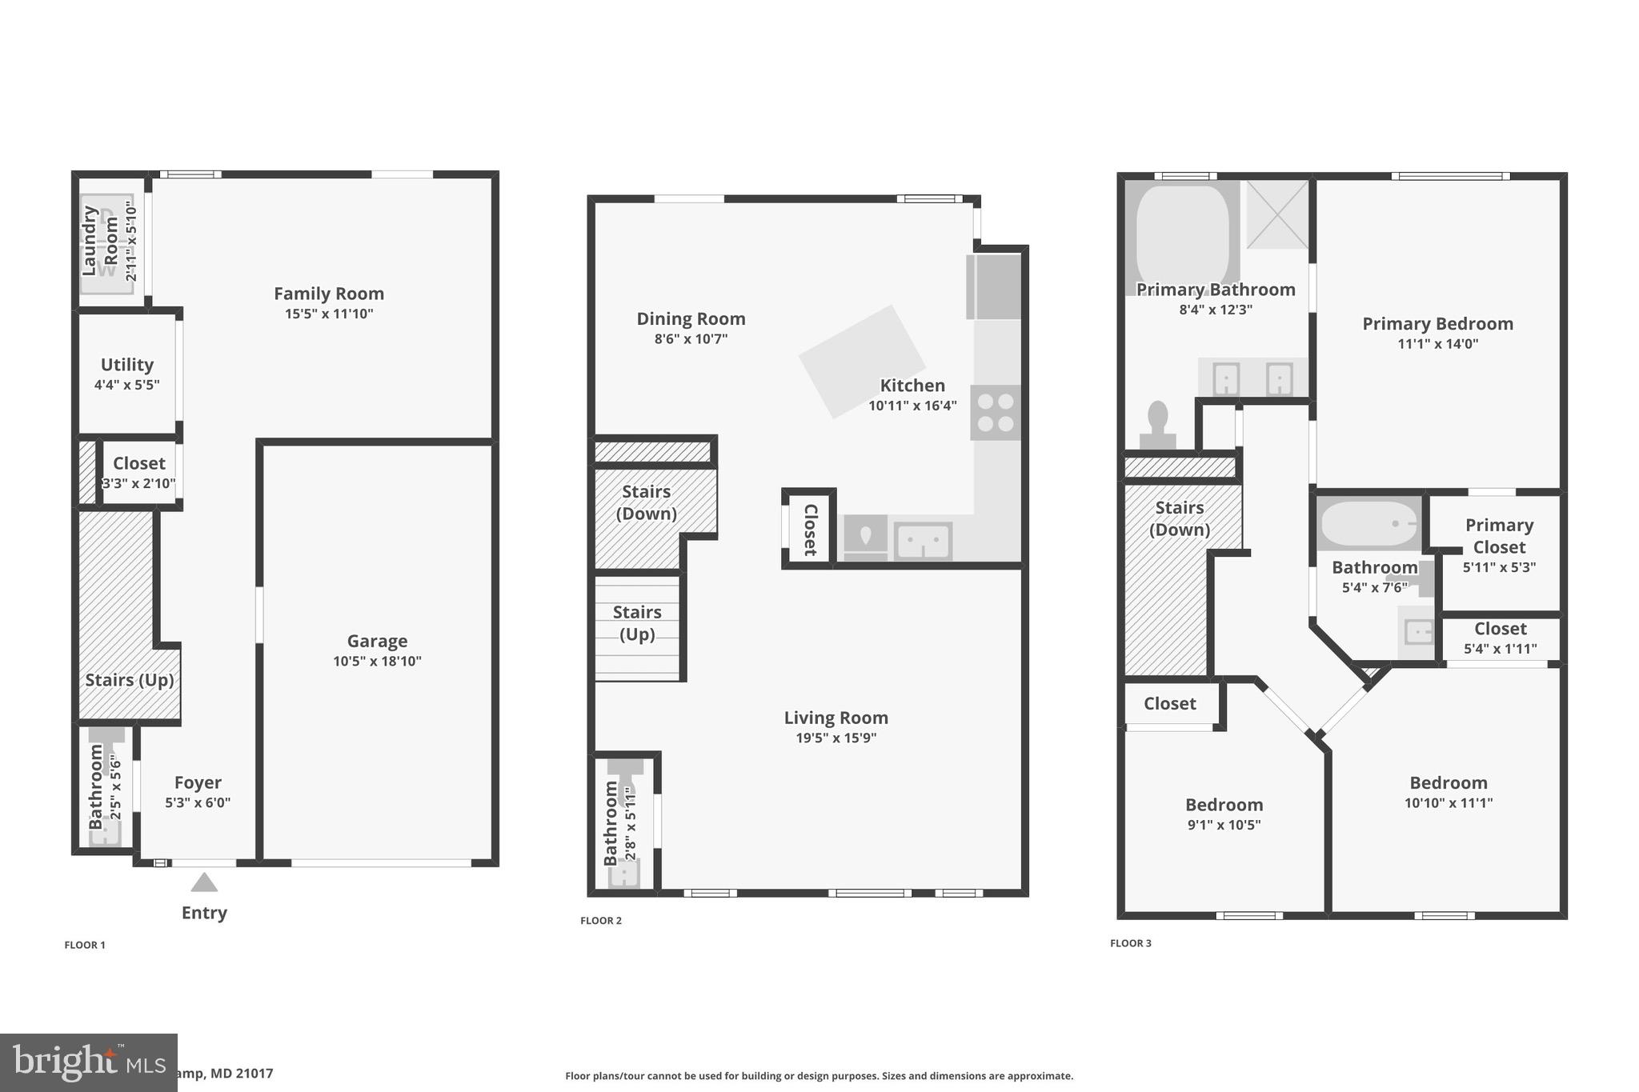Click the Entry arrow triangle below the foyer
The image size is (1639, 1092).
click(x=204, y=882)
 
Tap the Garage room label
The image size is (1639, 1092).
click(x=377, y=641)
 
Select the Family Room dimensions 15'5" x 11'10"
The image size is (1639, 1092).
click(x=329, y=314)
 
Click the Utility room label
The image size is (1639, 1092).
click(x=126, y=365)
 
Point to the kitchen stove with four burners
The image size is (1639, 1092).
click(x=996, y=413)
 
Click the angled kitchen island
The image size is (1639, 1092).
click(x=861, y=362)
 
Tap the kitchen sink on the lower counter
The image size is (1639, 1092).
click(x=923, y=542)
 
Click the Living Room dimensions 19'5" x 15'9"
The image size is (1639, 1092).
click(x=836, y=738)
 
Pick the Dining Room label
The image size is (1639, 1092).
click(x=691, y=318)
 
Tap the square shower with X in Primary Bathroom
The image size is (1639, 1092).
click(x=1277, y=214)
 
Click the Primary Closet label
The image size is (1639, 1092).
click(x=1499, y=536)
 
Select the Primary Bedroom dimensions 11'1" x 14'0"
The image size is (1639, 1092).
click(x=1437, y=344)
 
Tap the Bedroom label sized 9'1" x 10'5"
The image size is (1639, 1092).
click(x=1224, y=805)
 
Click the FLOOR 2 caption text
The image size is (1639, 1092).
click(x=600, y=921)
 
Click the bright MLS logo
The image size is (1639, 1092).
click(x=88, y=1062)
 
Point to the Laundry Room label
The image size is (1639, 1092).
click(x=100, y=241)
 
